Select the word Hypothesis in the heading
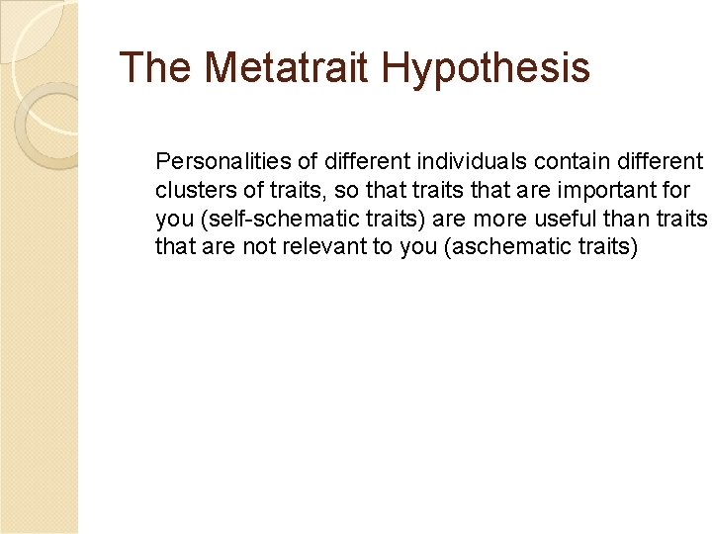(x=485, y=68)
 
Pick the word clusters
(x=187, y=190)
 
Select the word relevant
(x=326, y=247)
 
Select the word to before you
(x=383, y=247)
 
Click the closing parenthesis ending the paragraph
(x=635, y=247)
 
